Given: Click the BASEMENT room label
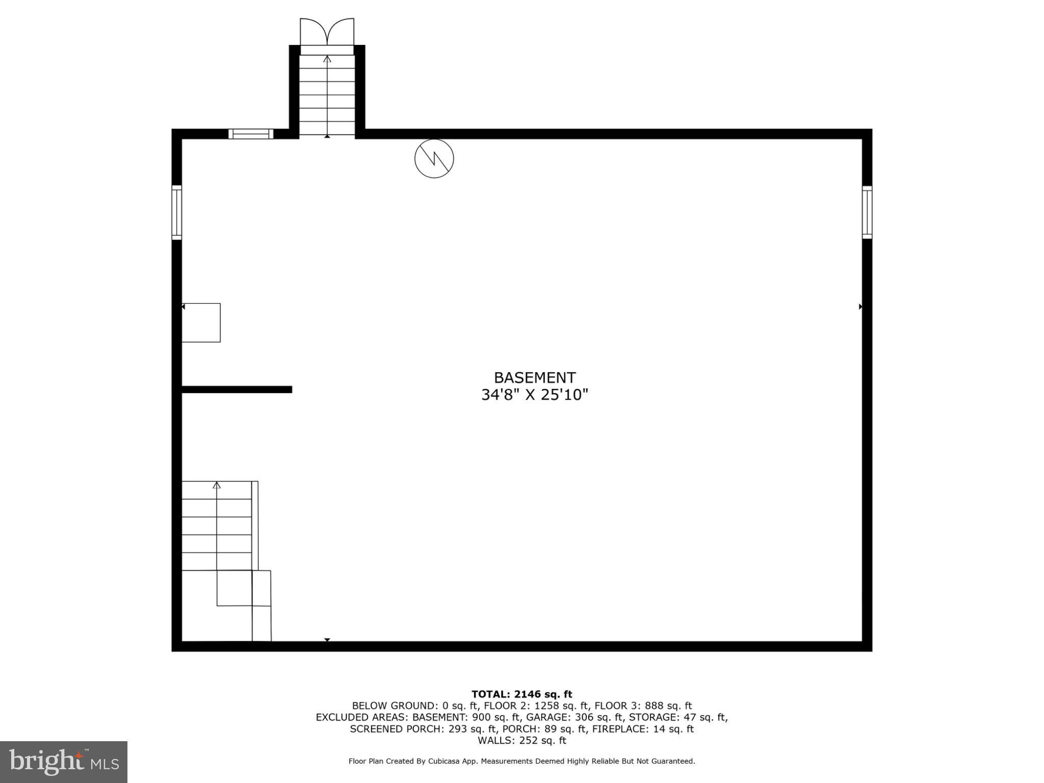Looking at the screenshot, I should point(535,378).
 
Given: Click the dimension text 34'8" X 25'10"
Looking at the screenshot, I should point(535,395).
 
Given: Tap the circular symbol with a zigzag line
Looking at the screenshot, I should point(434,159).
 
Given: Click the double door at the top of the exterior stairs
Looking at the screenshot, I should point(327,33).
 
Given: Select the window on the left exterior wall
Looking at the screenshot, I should point(176,213).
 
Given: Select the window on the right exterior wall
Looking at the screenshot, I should point(867,212).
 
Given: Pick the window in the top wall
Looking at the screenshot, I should point(251,134).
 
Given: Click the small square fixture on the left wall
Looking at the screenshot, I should point(201,323).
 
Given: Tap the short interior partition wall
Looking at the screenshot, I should point(237,389).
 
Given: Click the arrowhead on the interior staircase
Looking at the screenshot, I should point(217,485).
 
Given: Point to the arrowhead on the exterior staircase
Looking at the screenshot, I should point(327,59).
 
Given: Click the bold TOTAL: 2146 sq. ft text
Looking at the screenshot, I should point(521,694).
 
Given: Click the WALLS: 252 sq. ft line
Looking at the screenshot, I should point(521,741).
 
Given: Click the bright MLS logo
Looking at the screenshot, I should point(64,762).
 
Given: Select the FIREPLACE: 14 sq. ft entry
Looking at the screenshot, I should point(643,729).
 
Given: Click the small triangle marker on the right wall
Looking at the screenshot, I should point(860,307).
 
